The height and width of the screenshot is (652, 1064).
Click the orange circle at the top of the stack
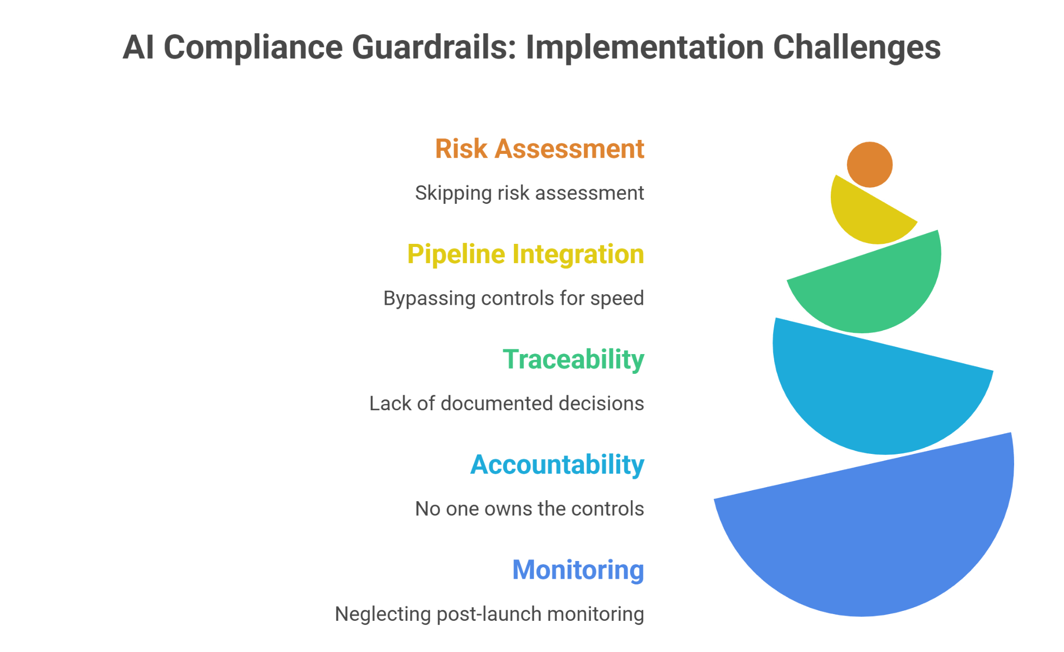tap(869, 164)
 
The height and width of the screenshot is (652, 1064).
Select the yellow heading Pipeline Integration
tap(525, 255)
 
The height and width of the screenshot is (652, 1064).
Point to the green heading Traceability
tap(573, 360)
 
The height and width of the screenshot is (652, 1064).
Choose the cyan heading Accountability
tap(557, 465)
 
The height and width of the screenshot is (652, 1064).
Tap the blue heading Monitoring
tap(578, 570)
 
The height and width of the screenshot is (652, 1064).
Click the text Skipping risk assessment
tap(529, 193)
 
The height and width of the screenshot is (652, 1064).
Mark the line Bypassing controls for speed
tap(513, 298)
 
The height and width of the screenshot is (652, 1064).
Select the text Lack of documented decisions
tap(507, 404)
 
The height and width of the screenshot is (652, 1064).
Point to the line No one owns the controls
tap(529, 509)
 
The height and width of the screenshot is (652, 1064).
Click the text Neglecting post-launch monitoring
tap(489, 614)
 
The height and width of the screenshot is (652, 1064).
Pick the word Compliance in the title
tap(253, 47)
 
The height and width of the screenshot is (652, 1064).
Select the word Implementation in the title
tap(644, 47)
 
